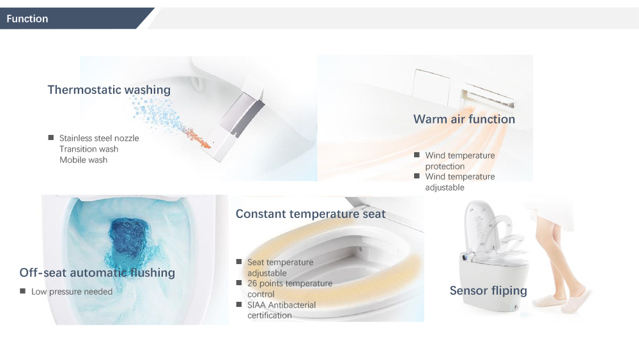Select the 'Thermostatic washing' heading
tap(109, 90)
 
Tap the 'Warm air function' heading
tap(464, 119)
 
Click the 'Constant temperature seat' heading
tap(311, 214)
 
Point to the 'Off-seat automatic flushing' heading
tap(97, 273)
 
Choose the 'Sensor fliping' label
tap(488, 291)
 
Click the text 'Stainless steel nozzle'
tap(99, 138)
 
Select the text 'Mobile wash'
tap(84, 160)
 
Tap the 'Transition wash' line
tap(89, 149)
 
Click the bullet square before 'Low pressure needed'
tap(23, 291)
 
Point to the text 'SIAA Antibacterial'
tap(282, 305)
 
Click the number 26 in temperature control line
tap(252, 283)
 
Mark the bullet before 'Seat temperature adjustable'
tap(239, 262)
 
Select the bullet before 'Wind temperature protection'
tap(417, 155)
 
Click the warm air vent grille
tap(488, 97)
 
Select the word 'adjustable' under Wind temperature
tap(445, 187)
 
